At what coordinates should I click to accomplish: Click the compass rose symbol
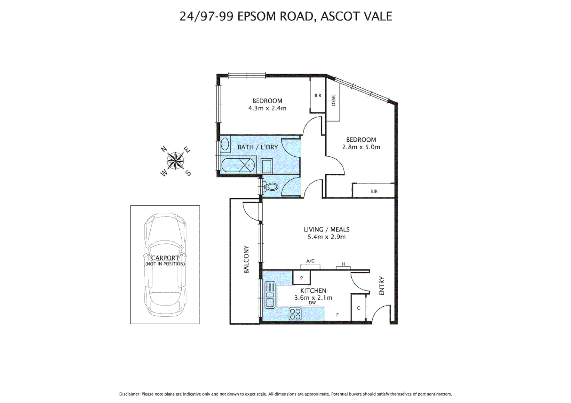pyautogui.click(x=175, y=161)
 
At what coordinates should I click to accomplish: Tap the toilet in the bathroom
pyautogui.click(x=271, y=186)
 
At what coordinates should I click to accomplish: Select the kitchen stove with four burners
pyautogui.click(x=295, y=314)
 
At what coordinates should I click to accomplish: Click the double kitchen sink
pyautogui.click(x=269, y=294)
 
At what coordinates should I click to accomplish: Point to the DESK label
pyautogui.click(x=333, y=100)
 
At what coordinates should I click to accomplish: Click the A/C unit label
pyautogui.click(x=310, y=261)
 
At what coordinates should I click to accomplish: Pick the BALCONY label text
pyautogui.click(x=246, y=259)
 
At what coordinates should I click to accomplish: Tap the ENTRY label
pyautogui.click(x=382, y=285)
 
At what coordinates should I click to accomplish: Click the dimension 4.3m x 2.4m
pyautogui.click(x=267, y=108)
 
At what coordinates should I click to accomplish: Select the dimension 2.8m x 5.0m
pyautogui.click(x=361, y=147)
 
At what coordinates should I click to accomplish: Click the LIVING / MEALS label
pyautogui.click(x=326, y=229)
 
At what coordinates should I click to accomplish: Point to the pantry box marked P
pyautogui.click(x=302, y=278)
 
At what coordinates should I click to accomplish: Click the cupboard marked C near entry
pyautogui.click(x=358, y=308)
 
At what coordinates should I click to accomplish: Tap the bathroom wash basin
pyautogui.click(x=225, y=144)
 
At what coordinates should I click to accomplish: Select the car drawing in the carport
pyautogui.click(x=165, y=264)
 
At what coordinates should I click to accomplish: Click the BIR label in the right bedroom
pyautogui.click(x=374, y=191)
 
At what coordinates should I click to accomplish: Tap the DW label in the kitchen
pyautogui.click(x=312, y=303)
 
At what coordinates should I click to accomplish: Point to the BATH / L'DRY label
pyautogui.click(x=258, y=147)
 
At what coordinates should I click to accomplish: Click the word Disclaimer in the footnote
pyautogui.click(x=129, y=394)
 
